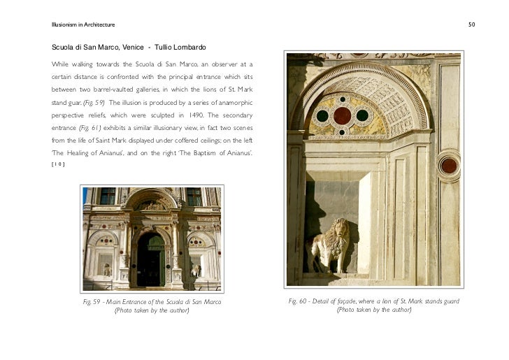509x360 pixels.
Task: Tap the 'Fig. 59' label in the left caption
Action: [91, 301]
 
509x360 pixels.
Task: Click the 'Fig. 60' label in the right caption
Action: [301, 301]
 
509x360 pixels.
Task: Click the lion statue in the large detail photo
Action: [329, 246]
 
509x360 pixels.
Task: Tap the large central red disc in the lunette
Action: [342, 115]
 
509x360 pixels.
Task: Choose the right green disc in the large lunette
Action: [362, 115]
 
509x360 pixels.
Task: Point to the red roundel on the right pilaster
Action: [448, 166]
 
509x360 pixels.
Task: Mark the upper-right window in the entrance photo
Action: [194, 196]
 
